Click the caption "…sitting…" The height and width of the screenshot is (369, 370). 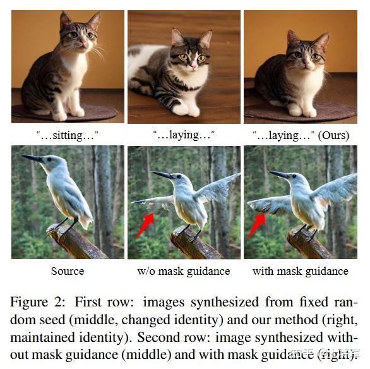[x=68, y=135]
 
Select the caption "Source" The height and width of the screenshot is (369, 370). [x=68, y=270]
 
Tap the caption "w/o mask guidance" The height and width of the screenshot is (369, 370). [x=184, y=270]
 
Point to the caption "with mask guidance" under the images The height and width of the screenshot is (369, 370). [x=300, y=270]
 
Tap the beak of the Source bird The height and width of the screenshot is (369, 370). [x=32, y=158]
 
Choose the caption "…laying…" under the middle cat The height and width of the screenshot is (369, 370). [x=184, y=135]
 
